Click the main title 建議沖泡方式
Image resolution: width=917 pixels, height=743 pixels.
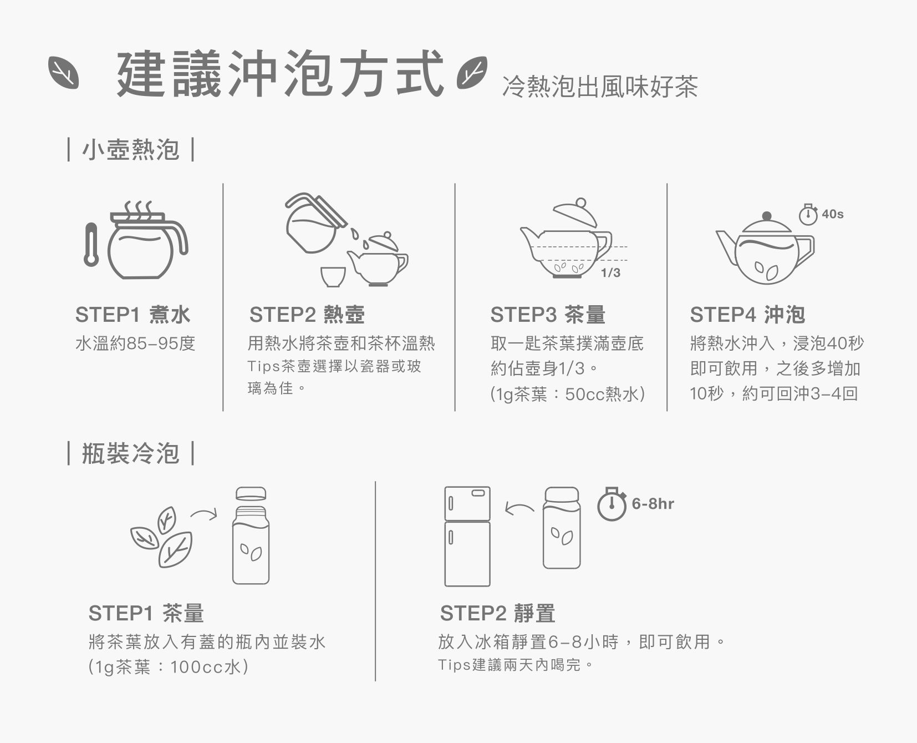coord(281,74)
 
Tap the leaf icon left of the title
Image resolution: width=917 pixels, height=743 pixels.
coord(63,73)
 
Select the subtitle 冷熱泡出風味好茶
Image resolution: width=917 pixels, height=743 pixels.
coord(600,87)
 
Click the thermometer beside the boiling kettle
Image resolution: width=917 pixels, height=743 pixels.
coord(90,244)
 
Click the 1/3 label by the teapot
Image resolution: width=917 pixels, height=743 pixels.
coord(610,272)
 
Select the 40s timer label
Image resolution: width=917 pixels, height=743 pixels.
coord(833,214)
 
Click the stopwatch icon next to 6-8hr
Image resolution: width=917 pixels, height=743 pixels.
coord(612,504)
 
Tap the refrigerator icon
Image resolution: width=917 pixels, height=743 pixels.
coord(467,537)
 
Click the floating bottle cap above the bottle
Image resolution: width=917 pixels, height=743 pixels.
coord(251,494)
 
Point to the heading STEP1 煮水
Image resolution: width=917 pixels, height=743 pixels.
coord(133,315)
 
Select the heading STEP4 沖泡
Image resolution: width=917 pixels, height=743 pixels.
coord(747,315)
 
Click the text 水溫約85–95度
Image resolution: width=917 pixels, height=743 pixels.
coord(135,344)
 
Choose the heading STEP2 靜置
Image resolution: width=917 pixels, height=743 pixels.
coord(497,613)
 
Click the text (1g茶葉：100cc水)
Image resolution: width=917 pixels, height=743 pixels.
coord(168,666)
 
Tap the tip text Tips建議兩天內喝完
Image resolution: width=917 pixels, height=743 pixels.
coord(516,664)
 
